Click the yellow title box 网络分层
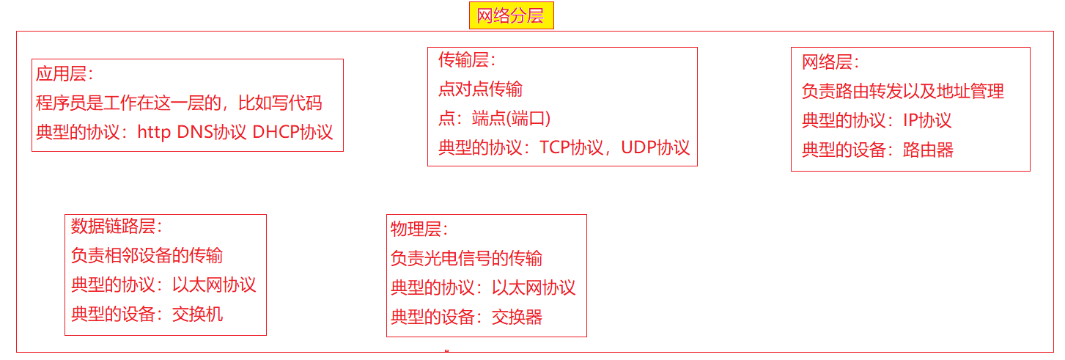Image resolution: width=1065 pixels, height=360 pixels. [x=511, y=15]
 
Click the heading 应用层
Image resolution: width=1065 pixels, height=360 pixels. [x=62, y=74]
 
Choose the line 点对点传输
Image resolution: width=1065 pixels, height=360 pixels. [x=480, y=89]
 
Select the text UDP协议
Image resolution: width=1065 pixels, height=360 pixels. [x=655, y=147]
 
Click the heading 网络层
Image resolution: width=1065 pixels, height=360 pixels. [x=828, y=62]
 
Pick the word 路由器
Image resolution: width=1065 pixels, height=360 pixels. [x=928, y=150]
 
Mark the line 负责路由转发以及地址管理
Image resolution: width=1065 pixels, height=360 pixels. [x=902, y=92]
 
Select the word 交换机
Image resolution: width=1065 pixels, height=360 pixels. [x=197, y=315]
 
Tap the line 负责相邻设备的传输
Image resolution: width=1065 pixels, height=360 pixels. [x=147, y=256]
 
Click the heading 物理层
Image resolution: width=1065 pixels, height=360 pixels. [x=416, y=229]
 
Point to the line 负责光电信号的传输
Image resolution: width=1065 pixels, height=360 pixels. [x=466, y=259]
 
